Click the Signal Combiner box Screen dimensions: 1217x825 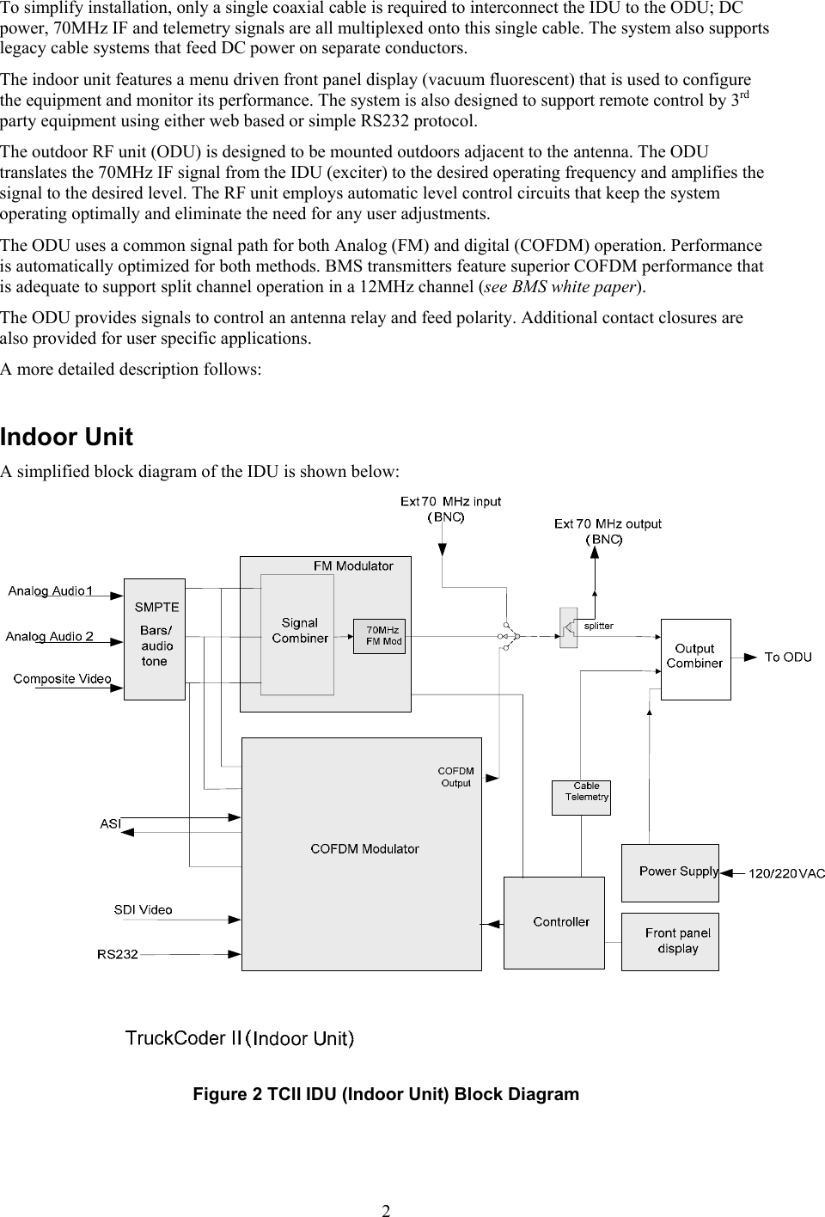coord(297,633)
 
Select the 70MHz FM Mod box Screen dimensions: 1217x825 coord(379,636)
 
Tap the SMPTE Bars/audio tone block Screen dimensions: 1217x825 coord(155,639)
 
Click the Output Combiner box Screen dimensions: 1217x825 coord(695,658)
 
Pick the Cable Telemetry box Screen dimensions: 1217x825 coord(581,797)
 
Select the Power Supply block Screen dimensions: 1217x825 coord(670,872)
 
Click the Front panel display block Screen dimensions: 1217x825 coord(670,941)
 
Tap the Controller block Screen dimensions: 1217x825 coord(554,922)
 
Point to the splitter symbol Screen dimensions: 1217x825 coord(568,628)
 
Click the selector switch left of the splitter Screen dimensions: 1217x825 coord(509,636)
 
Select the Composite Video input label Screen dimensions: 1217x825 coord(62,679)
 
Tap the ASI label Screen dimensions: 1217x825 coord(110,823)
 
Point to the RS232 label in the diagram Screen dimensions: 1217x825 coord(118,953)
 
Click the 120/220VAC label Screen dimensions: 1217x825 coord(786,873)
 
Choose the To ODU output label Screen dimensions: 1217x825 coord(787,657)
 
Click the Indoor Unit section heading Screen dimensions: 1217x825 coord(67,437)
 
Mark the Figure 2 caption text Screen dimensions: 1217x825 coord(386,1094)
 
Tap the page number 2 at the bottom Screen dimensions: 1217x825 coord(387,1210)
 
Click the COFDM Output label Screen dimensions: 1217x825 coord(455,777)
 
